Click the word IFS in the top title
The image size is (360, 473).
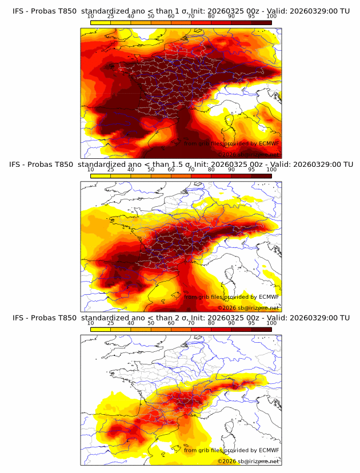19,11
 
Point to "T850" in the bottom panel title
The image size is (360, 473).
66,317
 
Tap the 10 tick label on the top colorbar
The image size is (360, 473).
90,17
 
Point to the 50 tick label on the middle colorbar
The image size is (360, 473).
151,170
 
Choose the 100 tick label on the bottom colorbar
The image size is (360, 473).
271,323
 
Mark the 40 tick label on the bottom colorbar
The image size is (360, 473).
131,323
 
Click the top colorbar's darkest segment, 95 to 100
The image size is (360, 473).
261,23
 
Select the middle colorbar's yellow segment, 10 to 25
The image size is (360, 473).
100,176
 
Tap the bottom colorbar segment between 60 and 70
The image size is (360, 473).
181,329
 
